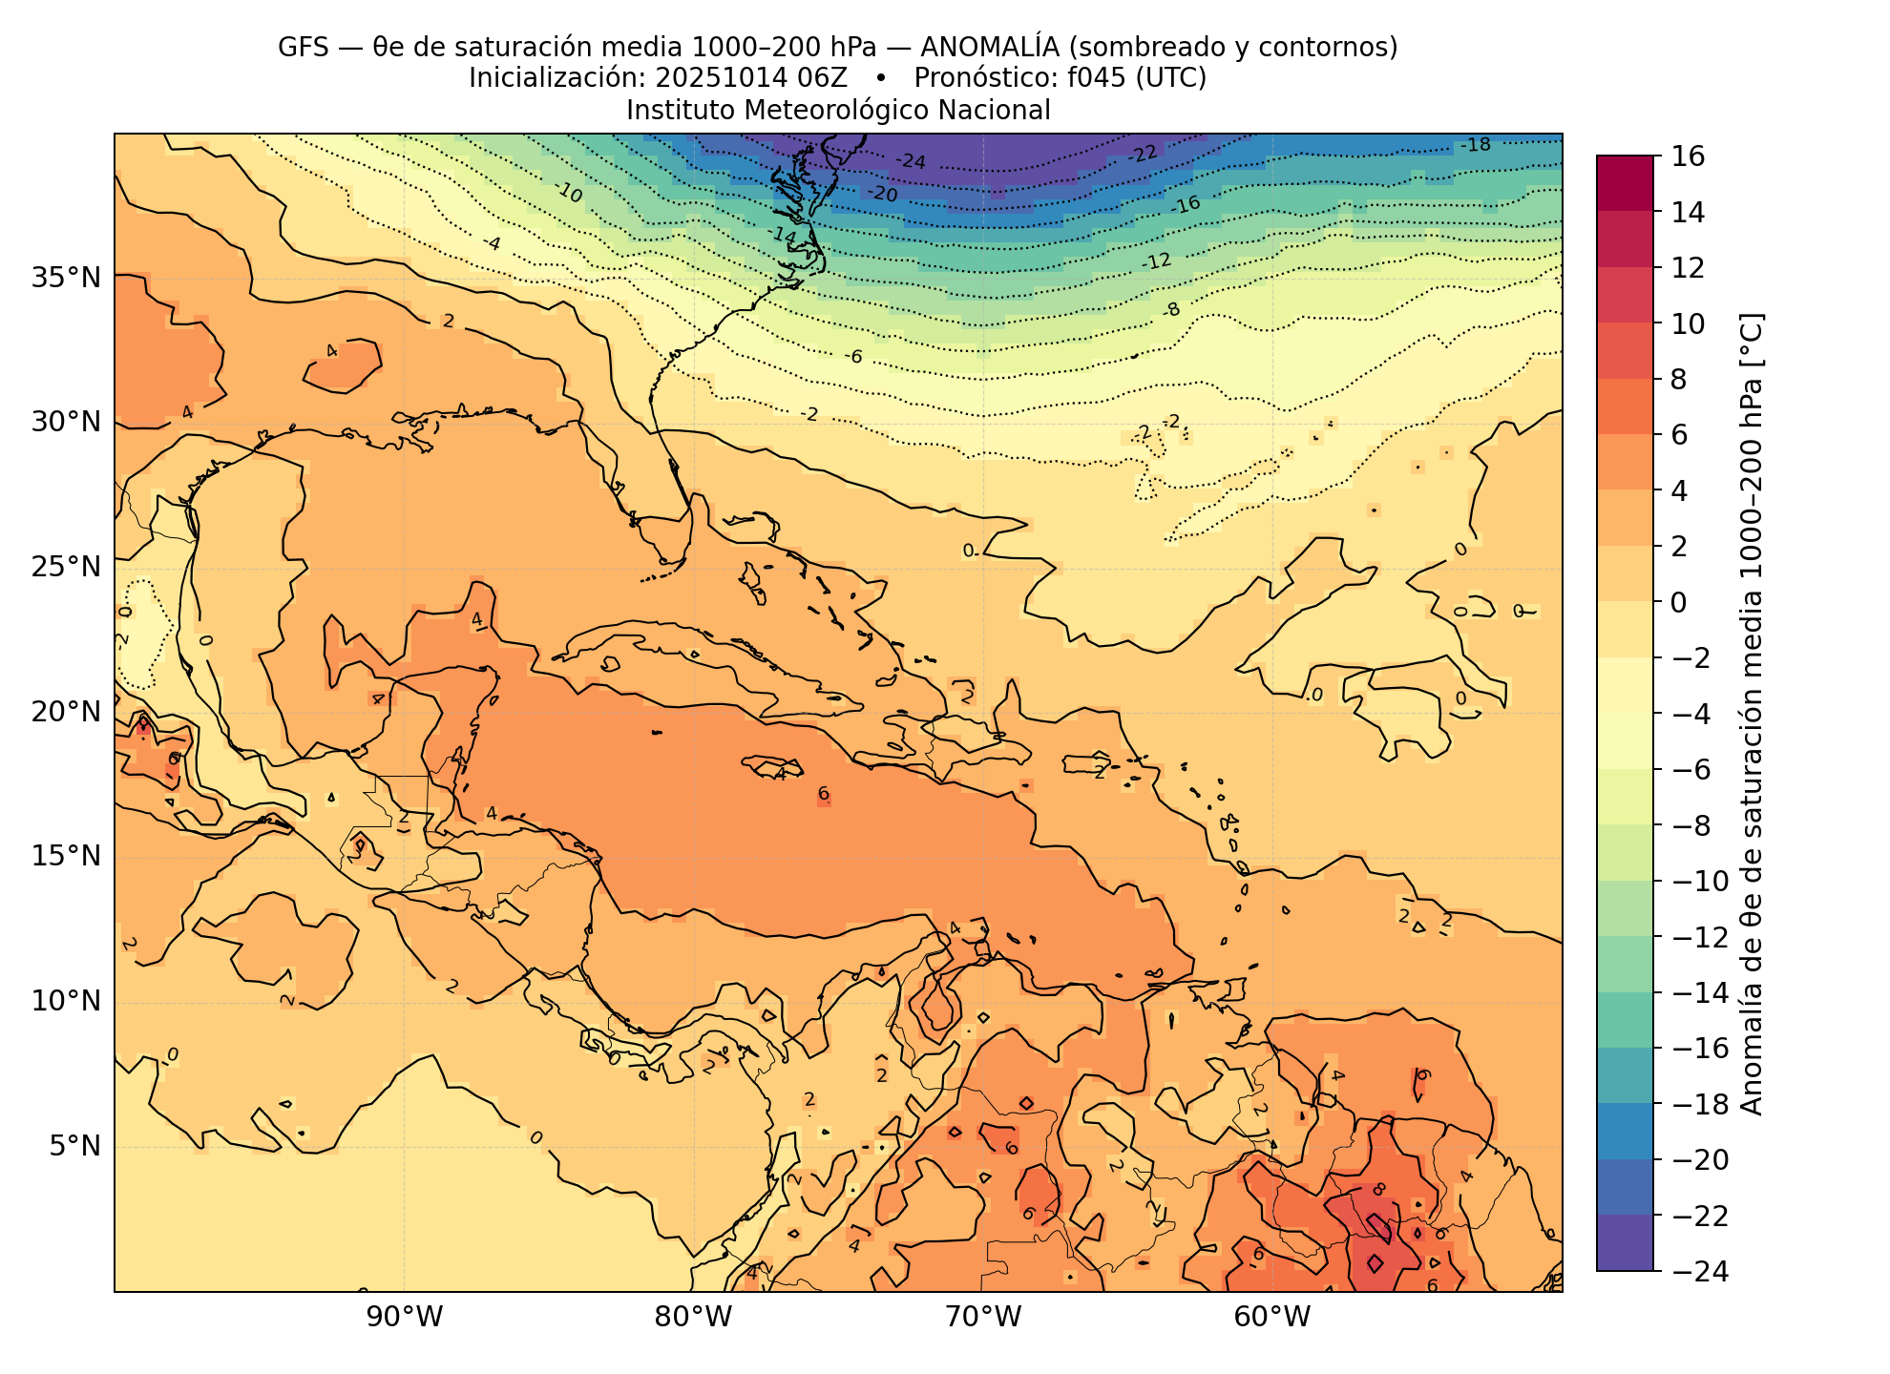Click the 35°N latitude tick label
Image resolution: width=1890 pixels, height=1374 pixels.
tap(66, 279)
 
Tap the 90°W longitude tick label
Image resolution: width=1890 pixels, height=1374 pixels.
tap(405, 1318)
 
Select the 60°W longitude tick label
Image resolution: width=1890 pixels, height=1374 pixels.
tap(1272, 1318)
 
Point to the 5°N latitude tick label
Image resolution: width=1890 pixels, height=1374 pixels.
tap(73, 1145)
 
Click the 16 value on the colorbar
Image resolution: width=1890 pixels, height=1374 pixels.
tap(1689, 156)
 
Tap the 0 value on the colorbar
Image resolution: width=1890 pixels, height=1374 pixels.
tap(1678, 602)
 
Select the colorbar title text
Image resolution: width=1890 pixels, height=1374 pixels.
tap(1752, 714)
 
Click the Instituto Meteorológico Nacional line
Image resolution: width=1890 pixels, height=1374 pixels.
tap(838, 111)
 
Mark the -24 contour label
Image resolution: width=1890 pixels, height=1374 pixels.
tap(912, 161)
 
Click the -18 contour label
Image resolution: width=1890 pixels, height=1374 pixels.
tap(1476, 145)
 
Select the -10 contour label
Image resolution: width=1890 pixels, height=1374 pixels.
tap(569, 194)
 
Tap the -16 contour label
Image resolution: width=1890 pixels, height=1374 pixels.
tap(1186, 205)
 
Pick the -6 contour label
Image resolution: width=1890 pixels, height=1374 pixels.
tap(853, 357)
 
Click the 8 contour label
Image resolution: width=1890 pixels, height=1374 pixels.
tap(1378, 1190)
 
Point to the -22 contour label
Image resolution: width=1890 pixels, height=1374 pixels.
tap(1143, 154)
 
